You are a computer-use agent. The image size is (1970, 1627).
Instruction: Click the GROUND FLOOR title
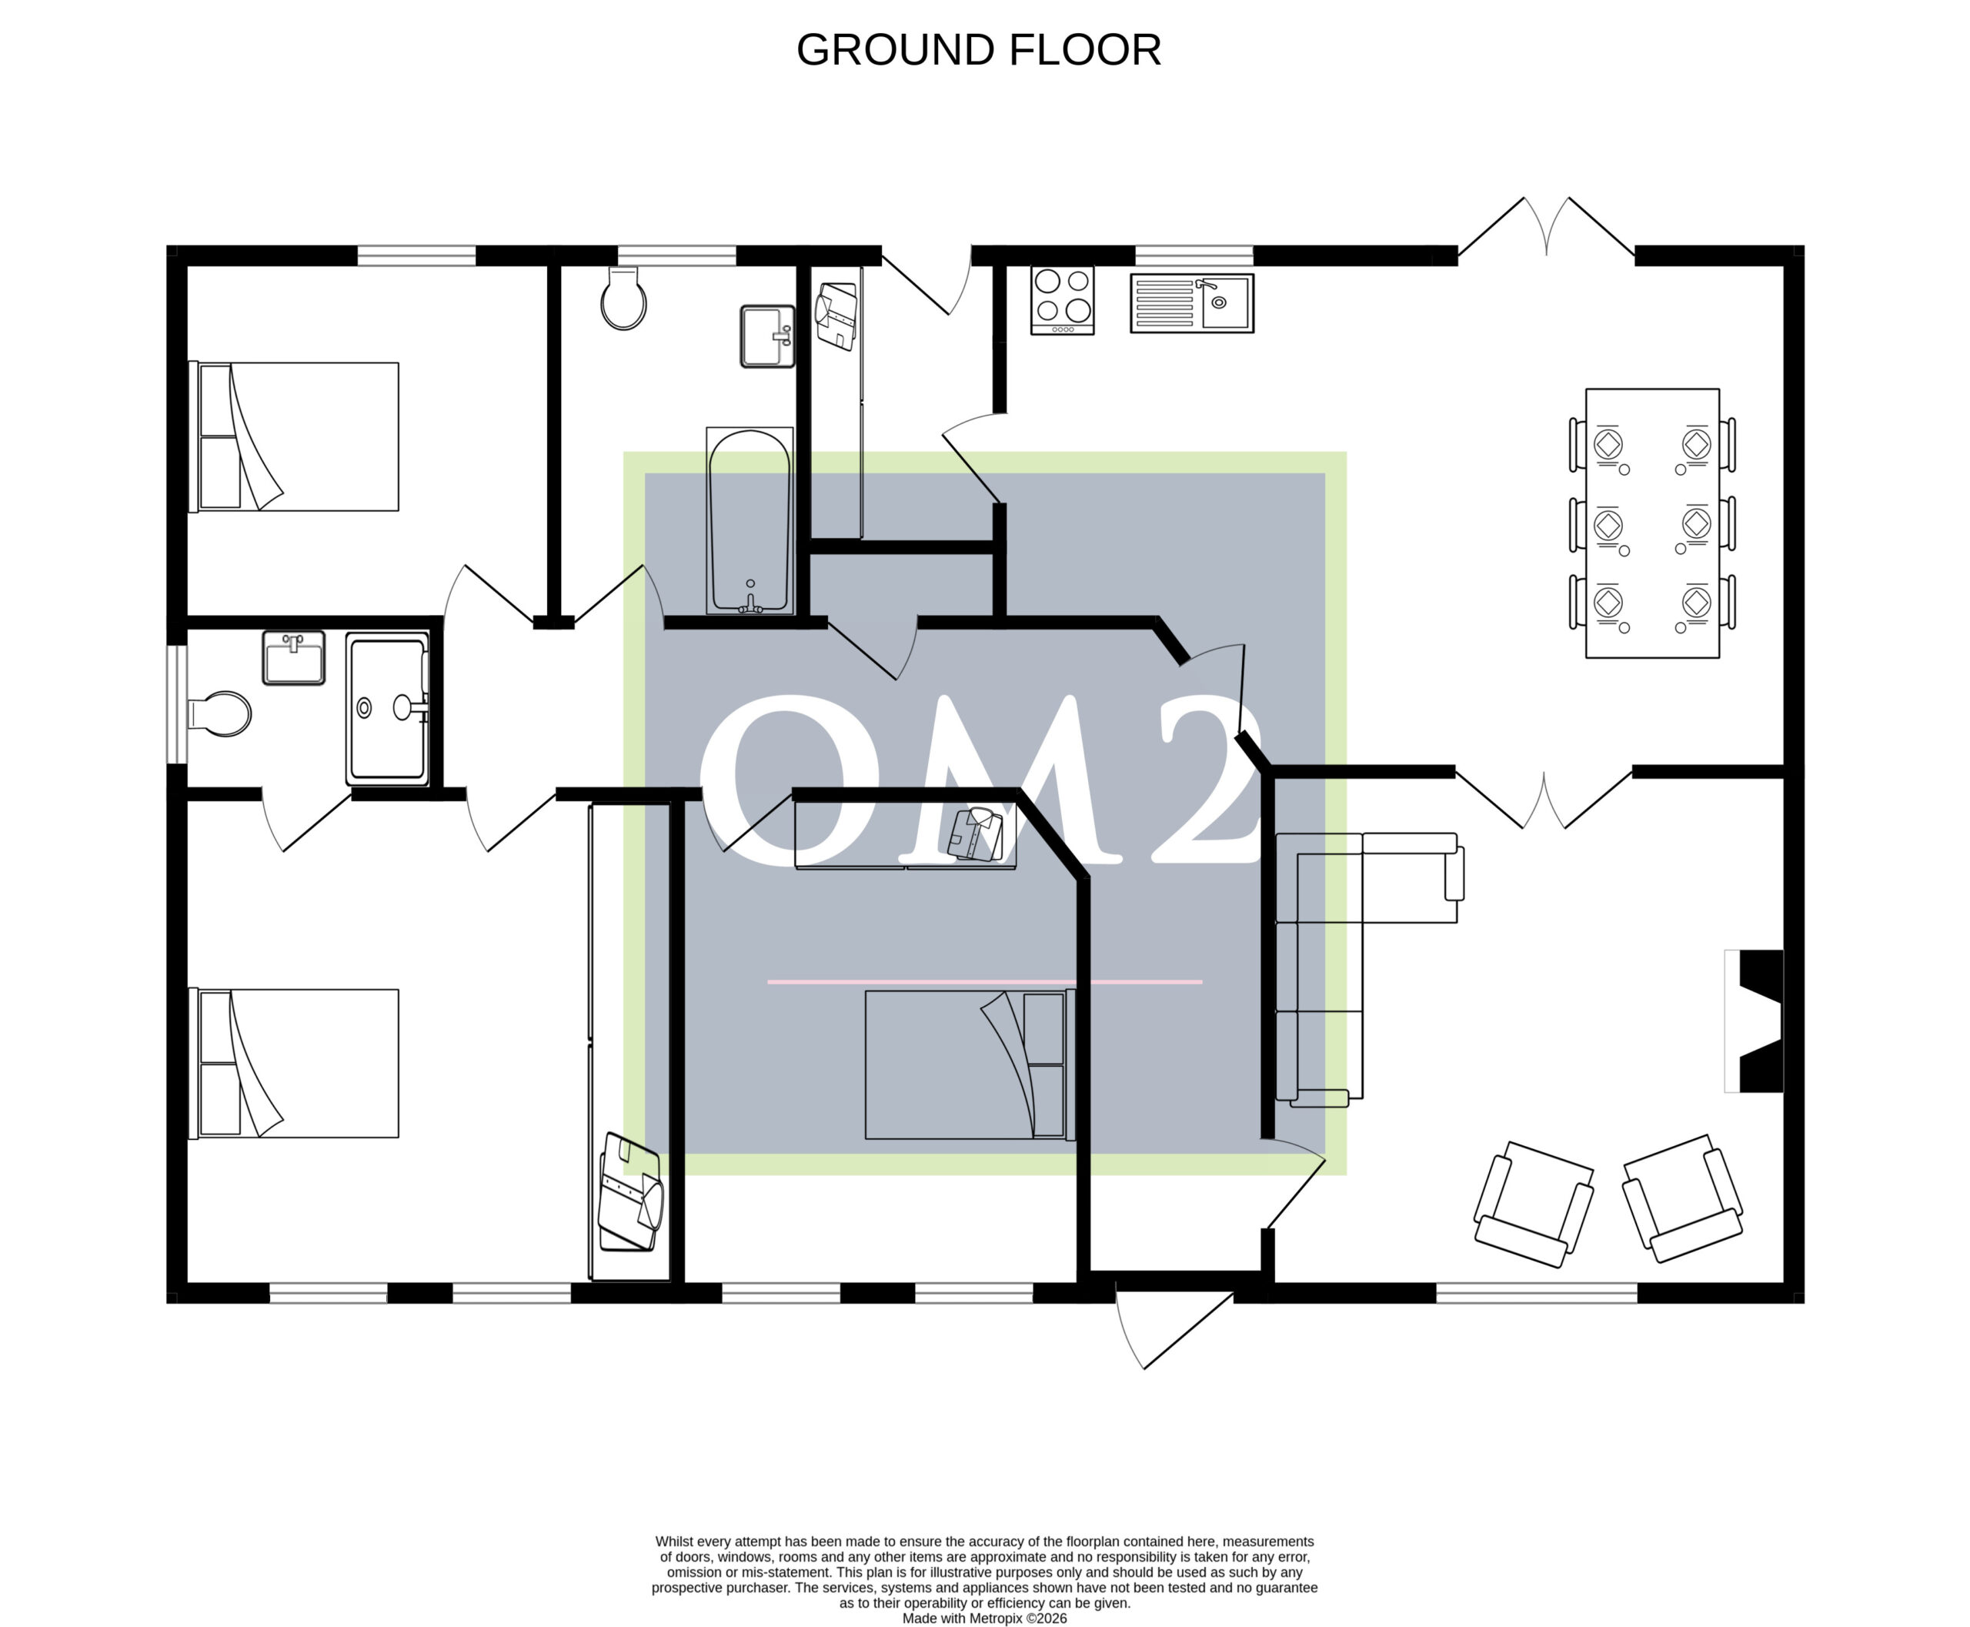978,50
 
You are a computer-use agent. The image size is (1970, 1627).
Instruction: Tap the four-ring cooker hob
1062,300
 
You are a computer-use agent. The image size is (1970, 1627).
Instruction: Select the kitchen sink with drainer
1191,302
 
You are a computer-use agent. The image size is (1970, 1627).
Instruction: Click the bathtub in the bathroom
750,521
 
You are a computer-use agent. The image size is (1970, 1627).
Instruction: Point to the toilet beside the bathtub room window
623,298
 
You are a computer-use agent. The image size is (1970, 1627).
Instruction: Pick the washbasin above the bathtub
767,336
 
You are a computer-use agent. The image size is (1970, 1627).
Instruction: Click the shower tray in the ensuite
388,709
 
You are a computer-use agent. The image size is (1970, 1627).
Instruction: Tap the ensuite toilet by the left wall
219,714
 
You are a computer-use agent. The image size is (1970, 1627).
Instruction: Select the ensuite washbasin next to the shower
293,657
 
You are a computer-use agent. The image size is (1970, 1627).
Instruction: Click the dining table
1652,523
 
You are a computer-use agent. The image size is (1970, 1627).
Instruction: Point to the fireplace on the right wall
1754,1021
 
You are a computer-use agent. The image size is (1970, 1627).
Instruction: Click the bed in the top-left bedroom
294,436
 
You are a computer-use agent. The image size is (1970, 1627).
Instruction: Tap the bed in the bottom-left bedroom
294,1064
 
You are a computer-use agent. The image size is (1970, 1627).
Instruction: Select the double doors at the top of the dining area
1547,228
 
